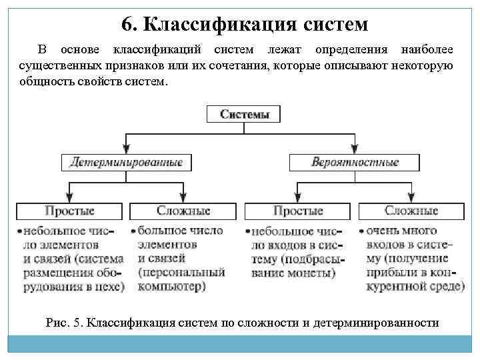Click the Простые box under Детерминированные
click(x=69, y=211)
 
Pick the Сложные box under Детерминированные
click(x=183, y=211)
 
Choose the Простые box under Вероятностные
click(x=298, y=211)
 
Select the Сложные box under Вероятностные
click(x=411, y=211)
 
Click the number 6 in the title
click(x=127, y=25)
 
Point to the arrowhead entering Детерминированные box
click(x=127, y=150)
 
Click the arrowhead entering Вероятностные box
click(x=355, y=150)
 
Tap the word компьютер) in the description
click(x=171, y=287)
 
